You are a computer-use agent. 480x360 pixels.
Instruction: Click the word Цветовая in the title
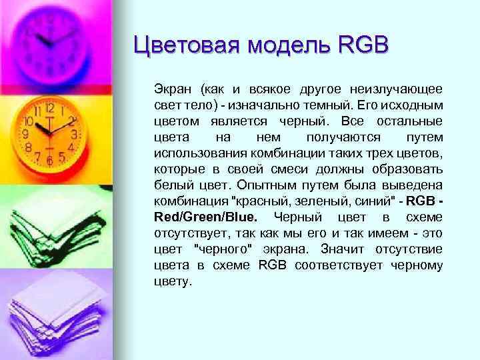186,46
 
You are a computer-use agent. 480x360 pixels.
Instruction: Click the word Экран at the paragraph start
171,89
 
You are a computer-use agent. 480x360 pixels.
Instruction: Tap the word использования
197,153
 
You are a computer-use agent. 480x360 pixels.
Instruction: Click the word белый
169,185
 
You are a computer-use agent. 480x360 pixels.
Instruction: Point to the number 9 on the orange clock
25,133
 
